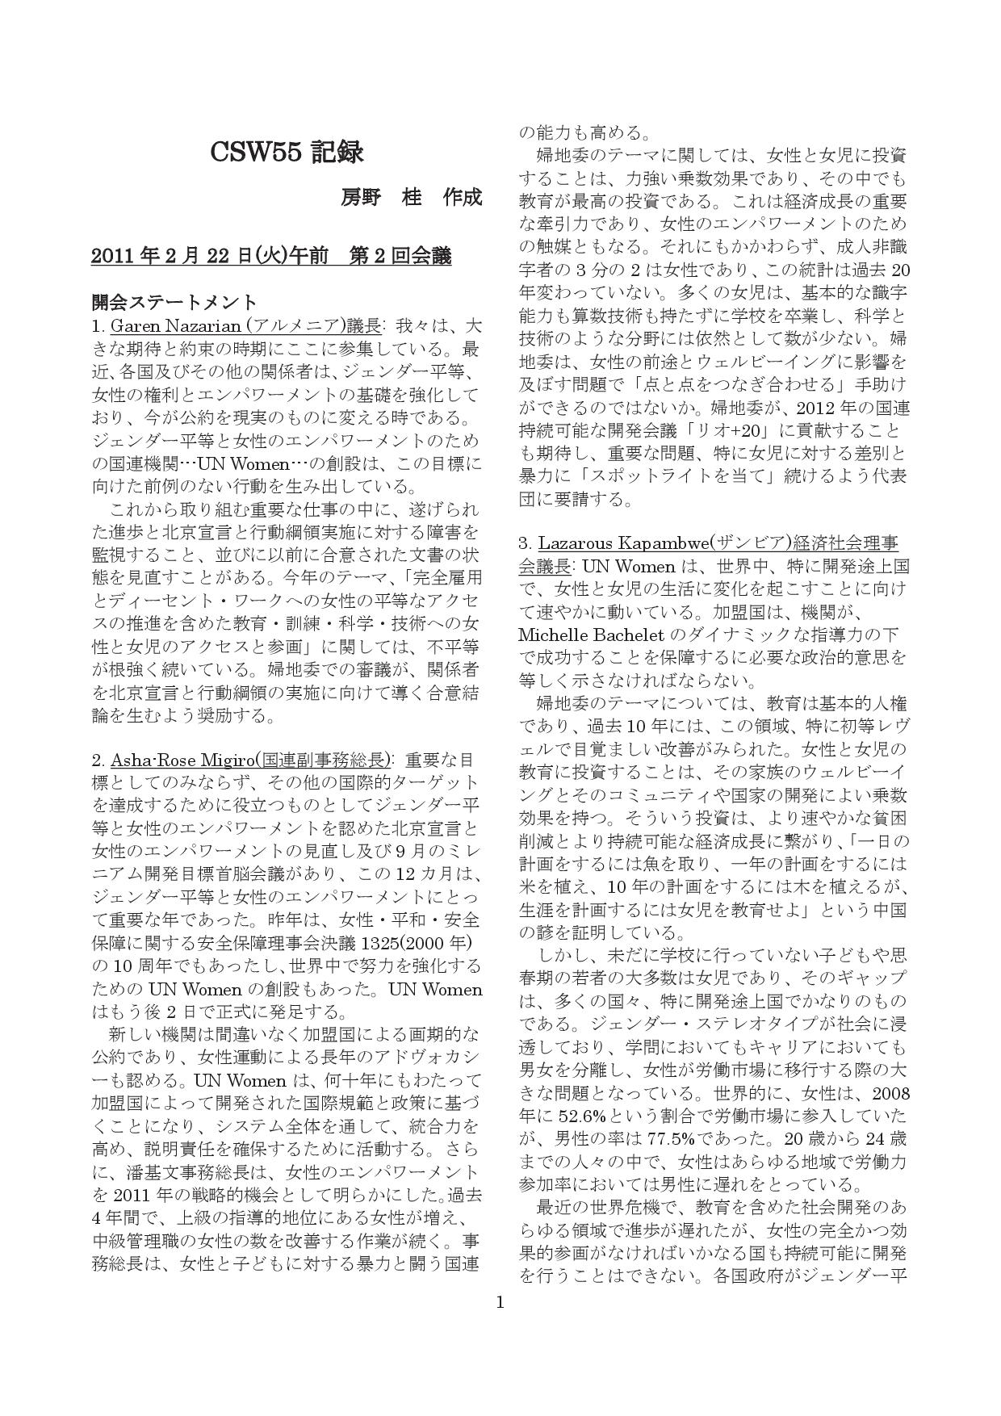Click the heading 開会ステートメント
(x=174, y=303)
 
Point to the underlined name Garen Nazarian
(x=175, y=326)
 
